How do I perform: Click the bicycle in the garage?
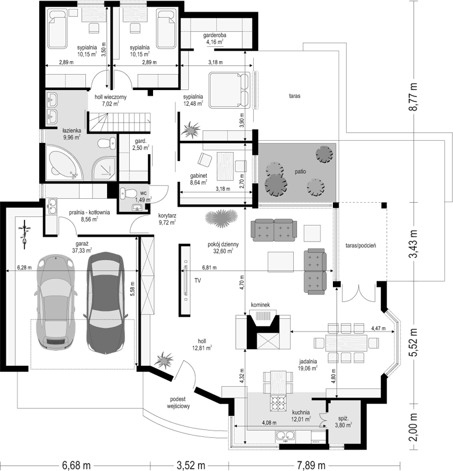tap(24, 234)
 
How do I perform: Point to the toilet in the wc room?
tap(128, 193)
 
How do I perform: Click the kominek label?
tap(260, 305)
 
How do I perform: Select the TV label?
tap(197, 281)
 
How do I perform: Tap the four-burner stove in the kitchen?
tap(277, 403)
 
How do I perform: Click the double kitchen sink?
tap(285, 435)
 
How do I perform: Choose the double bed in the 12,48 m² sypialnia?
tap(229, 90)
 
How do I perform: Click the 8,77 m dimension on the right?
tap(414, 97)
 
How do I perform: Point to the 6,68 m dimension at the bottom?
tap(76, 465)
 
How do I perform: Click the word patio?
tap(300, 171)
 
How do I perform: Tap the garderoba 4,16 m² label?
tap(215, 39)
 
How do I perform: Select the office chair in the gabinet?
tap(205, 159)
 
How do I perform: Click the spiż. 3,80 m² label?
tap(343, 421)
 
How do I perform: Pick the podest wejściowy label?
tap(178, 403)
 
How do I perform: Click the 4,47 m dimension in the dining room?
tap(378, 328)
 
